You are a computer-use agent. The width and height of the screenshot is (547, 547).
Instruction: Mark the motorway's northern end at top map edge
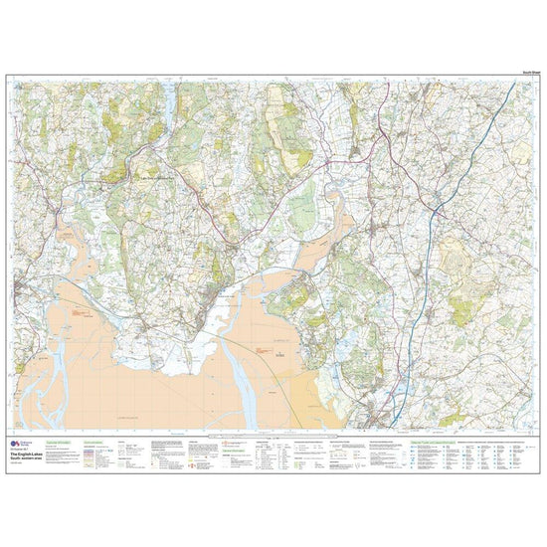(514, 82)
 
